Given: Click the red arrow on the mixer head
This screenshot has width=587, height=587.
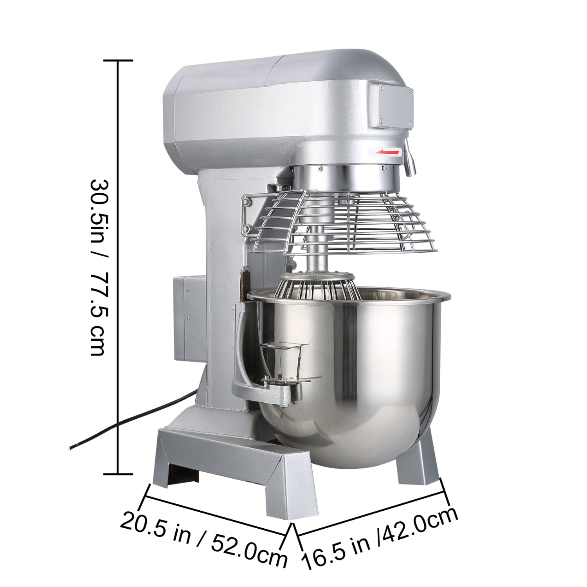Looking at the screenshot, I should coord(387,151).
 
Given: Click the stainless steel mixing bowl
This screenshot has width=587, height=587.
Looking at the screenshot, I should coord(352,364).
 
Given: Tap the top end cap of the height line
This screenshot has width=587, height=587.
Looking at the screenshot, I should coord(118,61).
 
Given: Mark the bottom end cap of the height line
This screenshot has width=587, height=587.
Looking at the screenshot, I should coord(118,474).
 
